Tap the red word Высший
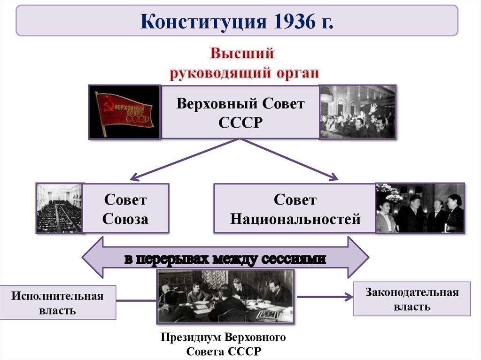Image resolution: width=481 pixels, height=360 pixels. point(241,53)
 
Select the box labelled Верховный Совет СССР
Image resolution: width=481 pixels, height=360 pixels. point(240,112)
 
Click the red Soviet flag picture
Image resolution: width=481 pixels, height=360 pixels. point(124,112)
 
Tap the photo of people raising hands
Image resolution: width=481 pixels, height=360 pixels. point(357,112)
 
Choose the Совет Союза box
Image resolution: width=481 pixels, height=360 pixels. point(125,208)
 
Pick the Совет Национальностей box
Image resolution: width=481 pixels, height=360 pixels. point(295,208)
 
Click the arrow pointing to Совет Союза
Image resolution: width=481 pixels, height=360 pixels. point(183,160)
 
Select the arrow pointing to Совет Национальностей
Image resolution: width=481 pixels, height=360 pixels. point(291,159)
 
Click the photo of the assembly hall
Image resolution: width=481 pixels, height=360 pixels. point(60,208)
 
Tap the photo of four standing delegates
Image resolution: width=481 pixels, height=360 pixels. point(420,208)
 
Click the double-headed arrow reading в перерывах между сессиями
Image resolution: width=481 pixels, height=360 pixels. point(225,258)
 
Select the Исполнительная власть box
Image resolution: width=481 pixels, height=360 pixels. point(58,302)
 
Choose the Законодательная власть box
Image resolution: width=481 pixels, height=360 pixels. point(411,299)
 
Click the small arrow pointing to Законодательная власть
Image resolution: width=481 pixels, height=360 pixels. point(324,297)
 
